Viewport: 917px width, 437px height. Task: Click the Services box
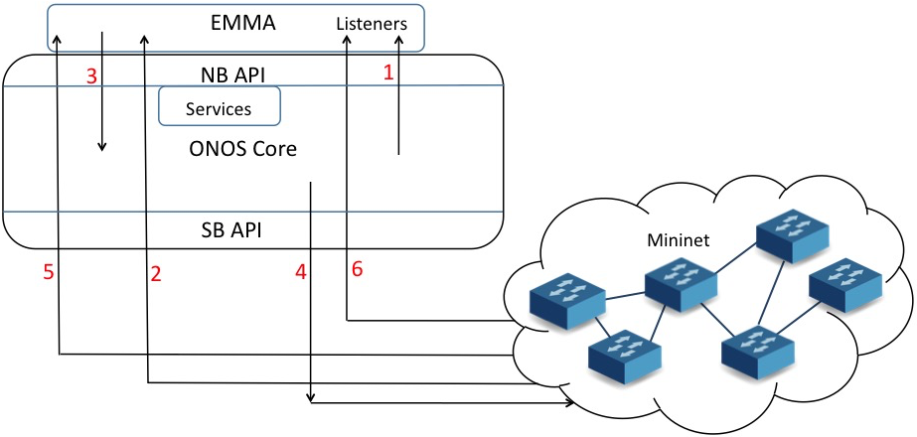tap(219, 108)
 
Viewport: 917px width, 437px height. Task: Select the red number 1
tap(388, 73)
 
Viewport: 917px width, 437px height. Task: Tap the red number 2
tap(155, 275)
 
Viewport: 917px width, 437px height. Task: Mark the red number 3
tap(92, 76)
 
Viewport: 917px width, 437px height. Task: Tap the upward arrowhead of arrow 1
tap(399, 41)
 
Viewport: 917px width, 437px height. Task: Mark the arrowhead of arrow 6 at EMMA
tap(347, 41)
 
